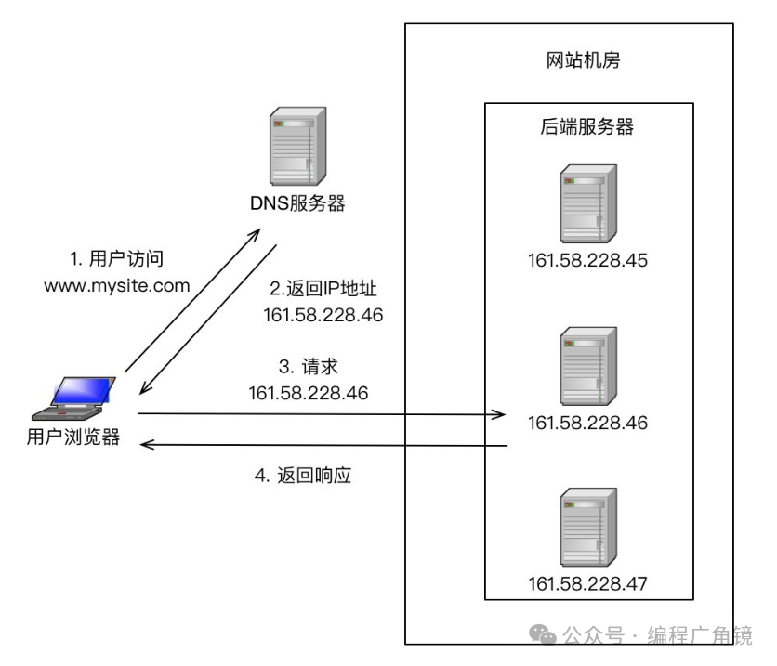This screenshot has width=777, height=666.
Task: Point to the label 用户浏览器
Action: click(x=73, y=438)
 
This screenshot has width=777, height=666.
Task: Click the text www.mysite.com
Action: click(x=117, y=286)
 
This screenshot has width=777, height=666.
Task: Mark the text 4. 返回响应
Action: click(x=303, y=477)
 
